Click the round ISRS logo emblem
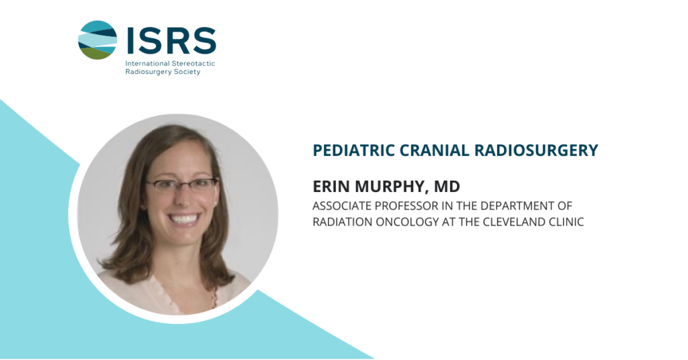click(x=97, y=40)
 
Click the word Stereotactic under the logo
click(x=193, y=63)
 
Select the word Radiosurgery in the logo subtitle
click(x=144, y=72)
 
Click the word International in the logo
click(x=146, y=63)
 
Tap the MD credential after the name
click(x=447, y=186)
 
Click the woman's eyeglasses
click(x=181, y=185)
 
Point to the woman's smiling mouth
click(x=184, y=218)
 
